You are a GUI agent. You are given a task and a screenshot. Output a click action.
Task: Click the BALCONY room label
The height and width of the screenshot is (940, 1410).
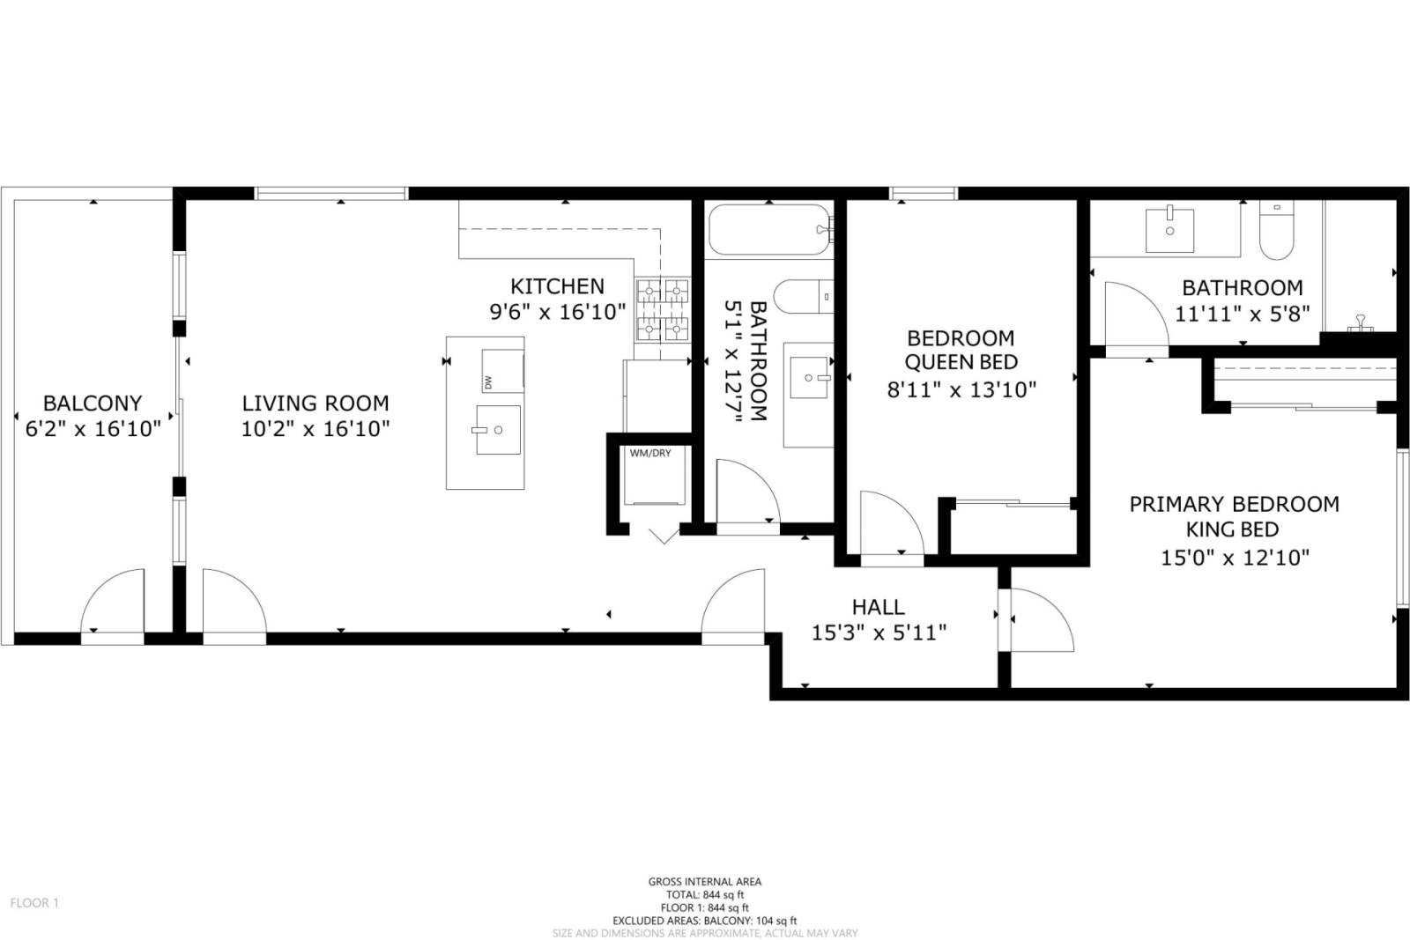coord(93,403)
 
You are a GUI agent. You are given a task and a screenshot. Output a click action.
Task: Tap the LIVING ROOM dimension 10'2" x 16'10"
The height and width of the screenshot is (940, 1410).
coord(315,428)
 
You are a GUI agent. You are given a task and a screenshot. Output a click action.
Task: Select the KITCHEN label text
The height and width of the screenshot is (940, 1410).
coord(557,286)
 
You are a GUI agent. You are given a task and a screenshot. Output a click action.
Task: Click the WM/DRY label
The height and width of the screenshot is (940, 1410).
coord(650,453)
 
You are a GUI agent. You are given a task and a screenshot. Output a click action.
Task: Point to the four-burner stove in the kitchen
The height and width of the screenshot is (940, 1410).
coord(663,309)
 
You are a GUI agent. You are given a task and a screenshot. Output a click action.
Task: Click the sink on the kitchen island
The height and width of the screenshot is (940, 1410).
coord(497,430)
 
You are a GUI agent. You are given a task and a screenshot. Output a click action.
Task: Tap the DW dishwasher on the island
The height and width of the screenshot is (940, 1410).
coord(502,371)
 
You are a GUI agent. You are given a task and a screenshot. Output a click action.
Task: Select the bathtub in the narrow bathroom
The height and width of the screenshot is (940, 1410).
coord(770,229)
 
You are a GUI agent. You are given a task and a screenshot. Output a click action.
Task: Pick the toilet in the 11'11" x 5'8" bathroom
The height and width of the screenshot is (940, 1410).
coord(1277,231)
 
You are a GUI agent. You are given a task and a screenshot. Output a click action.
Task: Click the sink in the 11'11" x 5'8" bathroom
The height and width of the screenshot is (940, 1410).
coord(1169,229)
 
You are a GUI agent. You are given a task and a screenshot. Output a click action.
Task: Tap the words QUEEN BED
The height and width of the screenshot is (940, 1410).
coord(961,362)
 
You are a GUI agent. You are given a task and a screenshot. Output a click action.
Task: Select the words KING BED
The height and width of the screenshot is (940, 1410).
coord(1233,529)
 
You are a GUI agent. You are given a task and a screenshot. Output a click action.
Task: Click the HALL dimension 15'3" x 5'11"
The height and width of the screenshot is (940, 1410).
coord(879,633)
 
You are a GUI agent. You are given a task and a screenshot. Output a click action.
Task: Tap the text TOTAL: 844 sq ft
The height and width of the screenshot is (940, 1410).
coord(705,895)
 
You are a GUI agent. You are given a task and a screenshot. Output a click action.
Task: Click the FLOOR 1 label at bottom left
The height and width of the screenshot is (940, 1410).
coord(34,903)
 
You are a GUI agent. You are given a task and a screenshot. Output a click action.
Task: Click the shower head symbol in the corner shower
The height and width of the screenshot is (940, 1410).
coord(1361,322)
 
